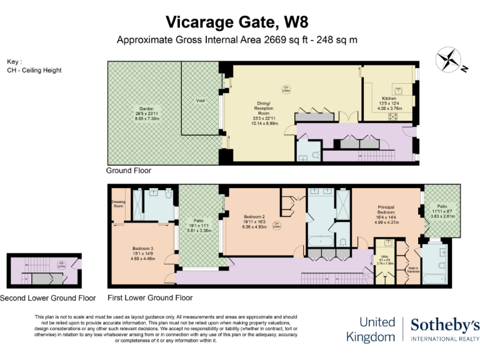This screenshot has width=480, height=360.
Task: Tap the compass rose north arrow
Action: [448, 60]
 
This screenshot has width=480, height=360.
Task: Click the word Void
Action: [200, 100]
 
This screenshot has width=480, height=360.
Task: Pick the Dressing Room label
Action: [119, 204]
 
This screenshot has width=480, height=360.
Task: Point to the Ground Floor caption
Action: [129, 171]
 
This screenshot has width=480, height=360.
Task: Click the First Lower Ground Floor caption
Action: [150, 298]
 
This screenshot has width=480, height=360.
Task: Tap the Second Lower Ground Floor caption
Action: [48, 298]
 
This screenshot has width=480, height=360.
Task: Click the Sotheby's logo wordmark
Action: [445, 324]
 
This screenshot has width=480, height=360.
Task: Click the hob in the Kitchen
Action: [394, 116]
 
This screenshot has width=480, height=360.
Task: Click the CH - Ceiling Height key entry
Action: [34, 70]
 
